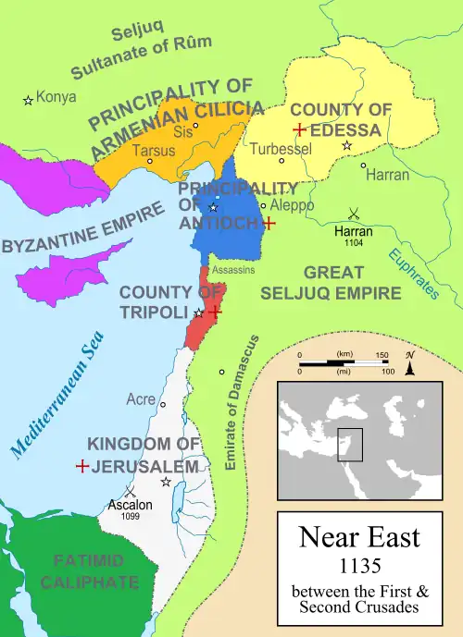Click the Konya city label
click(57, 96)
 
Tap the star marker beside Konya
click(29, 99)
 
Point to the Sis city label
click(182, 131)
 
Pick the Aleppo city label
click(292, 204)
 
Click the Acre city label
click(140, 400)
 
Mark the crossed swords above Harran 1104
click(354, 213)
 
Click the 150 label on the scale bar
click(382, 355)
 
